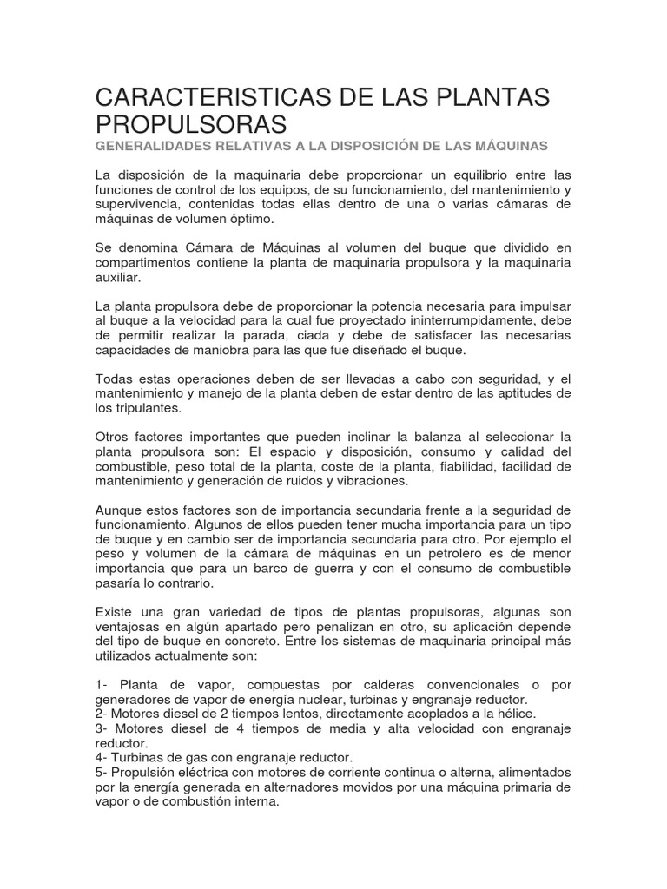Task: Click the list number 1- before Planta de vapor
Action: [x=103, y=685]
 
